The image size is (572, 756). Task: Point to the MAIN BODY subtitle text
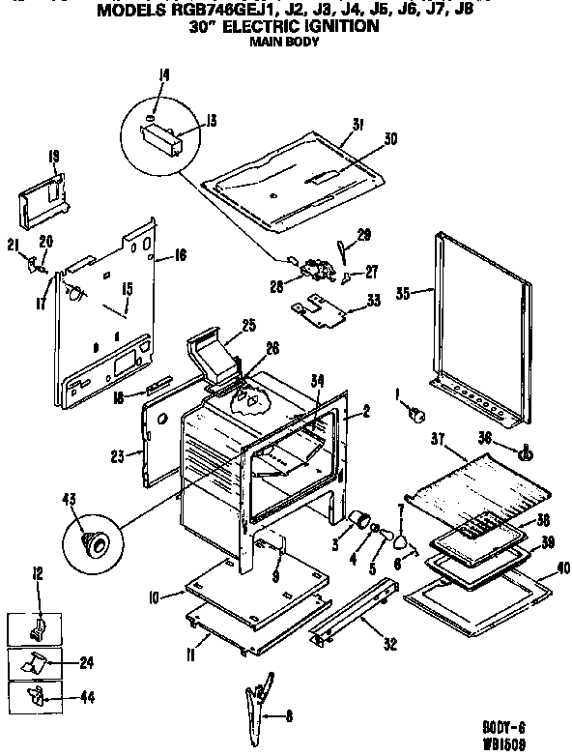(x=285, y=42)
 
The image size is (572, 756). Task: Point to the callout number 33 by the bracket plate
(x=373, y=302)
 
